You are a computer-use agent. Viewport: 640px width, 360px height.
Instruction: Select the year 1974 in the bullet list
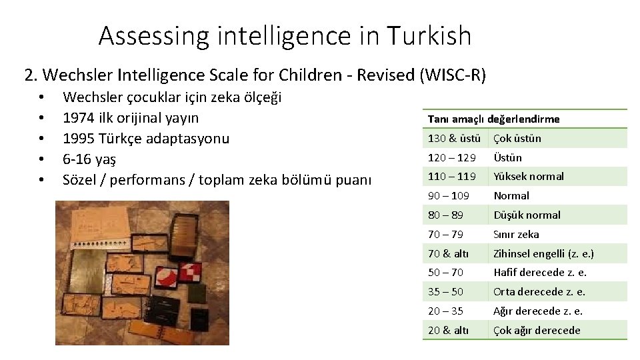tap(77, 118)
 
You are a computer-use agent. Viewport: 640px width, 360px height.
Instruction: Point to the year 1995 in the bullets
tap(77, 139)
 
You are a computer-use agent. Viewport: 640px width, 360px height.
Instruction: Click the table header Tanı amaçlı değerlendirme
tap(493, 119)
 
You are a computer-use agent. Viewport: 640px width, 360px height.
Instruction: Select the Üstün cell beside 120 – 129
tap(507, 158)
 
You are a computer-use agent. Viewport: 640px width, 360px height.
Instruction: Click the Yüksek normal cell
tap(528, 177)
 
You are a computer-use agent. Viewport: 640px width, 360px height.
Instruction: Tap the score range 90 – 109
tap(448, 196)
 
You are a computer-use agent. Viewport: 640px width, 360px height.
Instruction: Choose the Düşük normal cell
tap(527, 215)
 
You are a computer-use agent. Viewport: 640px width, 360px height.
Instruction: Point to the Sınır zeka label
tap(516, 235)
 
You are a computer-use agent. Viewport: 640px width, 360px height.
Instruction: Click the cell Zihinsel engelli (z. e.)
tap(543, 253)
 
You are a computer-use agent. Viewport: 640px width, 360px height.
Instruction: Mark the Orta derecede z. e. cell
tap(539, 292)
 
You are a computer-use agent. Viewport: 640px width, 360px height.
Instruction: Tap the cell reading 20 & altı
tap(448, 331)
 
